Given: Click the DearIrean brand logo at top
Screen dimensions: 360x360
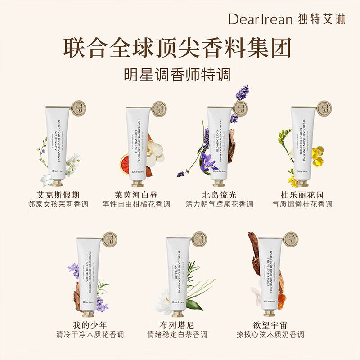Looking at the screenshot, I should (x=287, y=19).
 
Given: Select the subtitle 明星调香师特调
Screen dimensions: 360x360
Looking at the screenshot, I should (x=180, y=74).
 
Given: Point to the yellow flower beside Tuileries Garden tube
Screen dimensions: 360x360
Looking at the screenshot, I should (x=318, y=156).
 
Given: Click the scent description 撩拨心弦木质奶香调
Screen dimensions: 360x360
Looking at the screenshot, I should (x=270, y=335).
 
